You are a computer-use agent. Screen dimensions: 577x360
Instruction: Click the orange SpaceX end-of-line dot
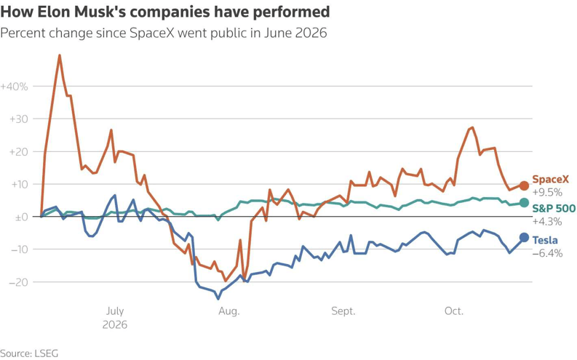524,185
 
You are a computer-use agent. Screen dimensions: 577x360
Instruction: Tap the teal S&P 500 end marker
524,203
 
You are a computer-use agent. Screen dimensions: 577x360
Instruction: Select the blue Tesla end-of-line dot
524,238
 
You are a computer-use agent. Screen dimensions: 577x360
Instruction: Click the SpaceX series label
551,180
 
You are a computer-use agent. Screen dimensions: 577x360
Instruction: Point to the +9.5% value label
547,192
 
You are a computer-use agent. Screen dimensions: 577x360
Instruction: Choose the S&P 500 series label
554,209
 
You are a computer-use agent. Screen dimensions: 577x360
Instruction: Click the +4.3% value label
547,221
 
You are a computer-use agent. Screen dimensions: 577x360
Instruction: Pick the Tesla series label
545,240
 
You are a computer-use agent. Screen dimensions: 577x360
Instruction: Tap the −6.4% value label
548,253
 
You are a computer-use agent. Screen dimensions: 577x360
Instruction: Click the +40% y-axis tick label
14,87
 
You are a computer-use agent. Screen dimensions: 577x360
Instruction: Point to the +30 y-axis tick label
19,119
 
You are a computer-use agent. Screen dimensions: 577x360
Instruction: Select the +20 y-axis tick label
19,152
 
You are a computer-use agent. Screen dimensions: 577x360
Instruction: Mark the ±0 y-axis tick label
21,217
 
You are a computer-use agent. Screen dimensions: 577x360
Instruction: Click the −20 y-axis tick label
19,282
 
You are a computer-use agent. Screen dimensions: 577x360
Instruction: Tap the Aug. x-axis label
229,311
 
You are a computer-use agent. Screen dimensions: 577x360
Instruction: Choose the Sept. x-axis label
343,311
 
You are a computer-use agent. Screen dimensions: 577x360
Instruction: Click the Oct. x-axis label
454,311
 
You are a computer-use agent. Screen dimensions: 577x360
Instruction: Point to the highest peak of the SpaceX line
60,55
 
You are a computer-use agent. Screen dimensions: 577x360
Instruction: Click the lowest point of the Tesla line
218,298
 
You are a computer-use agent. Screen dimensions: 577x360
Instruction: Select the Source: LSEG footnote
29,353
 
